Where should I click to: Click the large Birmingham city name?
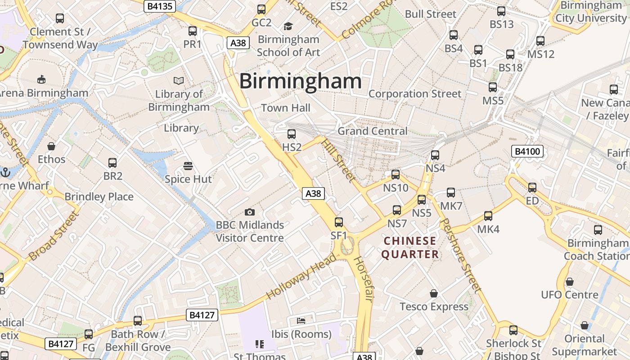[x=300, y=81]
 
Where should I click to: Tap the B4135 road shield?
[x=160, y=6]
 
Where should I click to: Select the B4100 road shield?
[x=527, y=151]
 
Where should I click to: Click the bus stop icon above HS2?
[x=292, y=134]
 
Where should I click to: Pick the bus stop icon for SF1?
[x=339, y=222]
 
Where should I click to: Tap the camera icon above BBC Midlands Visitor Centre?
[x=250, y=212]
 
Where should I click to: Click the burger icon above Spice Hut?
[x=188, y=166]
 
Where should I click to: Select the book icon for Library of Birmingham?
[x=179, y=81]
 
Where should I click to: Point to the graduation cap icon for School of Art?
[x=288, y=27]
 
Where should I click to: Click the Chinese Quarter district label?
[x=410, y=247]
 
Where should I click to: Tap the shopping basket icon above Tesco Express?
[x=434, y=294]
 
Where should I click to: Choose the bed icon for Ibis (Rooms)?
[x=301, y=321]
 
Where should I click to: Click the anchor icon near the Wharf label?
[x=5, y=172]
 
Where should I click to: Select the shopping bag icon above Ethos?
[x=51, y=146]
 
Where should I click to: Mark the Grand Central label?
[x=372, y=131]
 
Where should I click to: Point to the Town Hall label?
[x=286, y=108]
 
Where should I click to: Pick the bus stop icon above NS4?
[x=435, y=155]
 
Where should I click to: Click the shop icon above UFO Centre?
[x=570, y=282]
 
